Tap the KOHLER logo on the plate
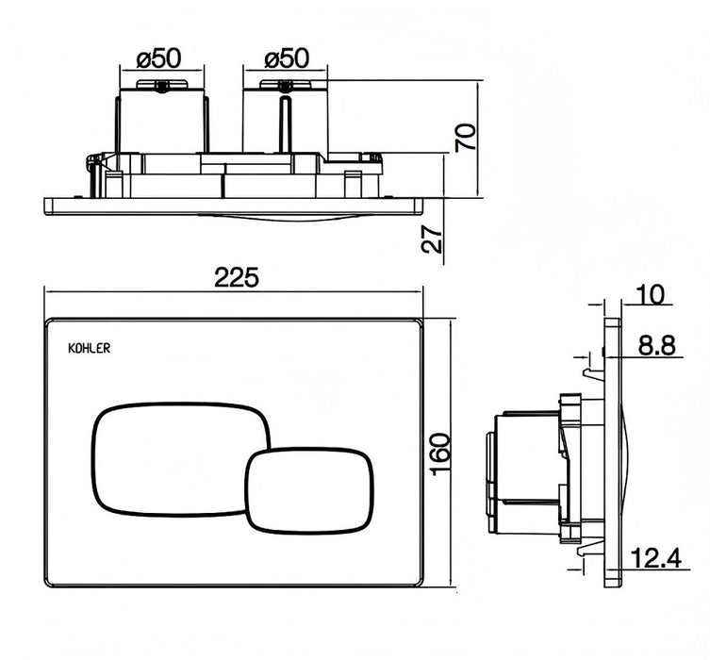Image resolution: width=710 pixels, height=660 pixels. click(x=91, y=347)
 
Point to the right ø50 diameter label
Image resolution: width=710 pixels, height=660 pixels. click(x=287, y=58)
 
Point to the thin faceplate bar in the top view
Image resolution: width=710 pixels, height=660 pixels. click(x=236, y=205)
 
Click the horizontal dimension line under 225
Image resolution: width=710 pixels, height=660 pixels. click(x=236, y=291)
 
